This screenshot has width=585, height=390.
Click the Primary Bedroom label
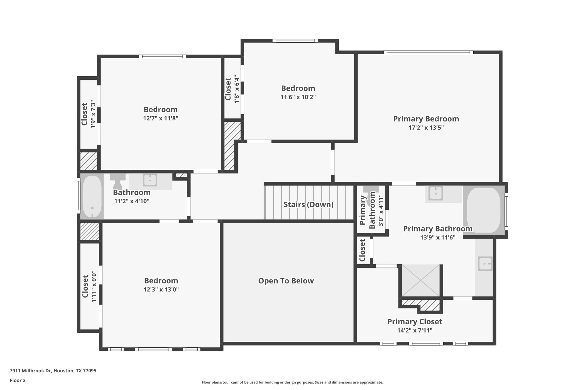tap(426, 119)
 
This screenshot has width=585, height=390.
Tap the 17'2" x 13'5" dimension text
tap(426, 128)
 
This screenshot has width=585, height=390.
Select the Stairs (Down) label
tap(308, 205)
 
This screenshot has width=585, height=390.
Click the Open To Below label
tap(286, 281)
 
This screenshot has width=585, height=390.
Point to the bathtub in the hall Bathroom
tap(92, 197)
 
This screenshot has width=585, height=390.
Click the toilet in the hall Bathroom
tap(117, 180)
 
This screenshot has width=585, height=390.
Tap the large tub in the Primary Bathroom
tap(484, 210)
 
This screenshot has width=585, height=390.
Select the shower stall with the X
tap(421, 281)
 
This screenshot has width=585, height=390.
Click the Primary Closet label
tap(414, 322)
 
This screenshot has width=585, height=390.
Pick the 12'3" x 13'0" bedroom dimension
tap(161, 289)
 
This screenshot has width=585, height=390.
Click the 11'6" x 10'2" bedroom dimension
tap(298, 97)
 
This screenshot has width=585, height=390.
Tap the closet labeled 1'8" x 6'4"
tap(232, 89)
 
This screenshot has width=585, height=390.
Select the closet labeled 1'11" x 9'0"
tap(89, 286)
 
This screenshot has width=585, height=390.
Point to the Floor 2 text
tap(18, 380)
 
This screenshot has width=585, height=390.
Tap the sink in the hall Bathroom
tap(150, 180)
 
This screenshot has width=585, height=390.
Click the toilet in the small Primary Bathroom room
tap(370, 191)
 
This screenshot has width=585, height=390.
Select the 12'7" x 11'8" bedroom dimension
tap(161, 118)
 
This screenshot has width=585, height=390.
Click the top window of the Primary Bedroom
tap(428, 52)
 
